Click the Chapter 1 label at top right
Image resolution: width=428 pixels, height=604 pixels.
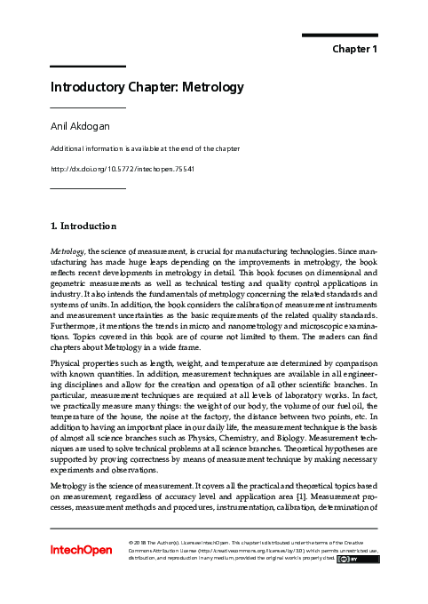[355, 48]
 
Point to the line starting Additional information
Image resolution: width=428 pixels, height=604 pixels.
[145, 148]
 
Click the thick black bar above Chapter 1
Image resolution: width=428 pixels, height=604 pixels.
[340, 36]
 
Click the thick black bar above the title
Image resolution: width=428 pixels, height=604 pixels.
[87, 67]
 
